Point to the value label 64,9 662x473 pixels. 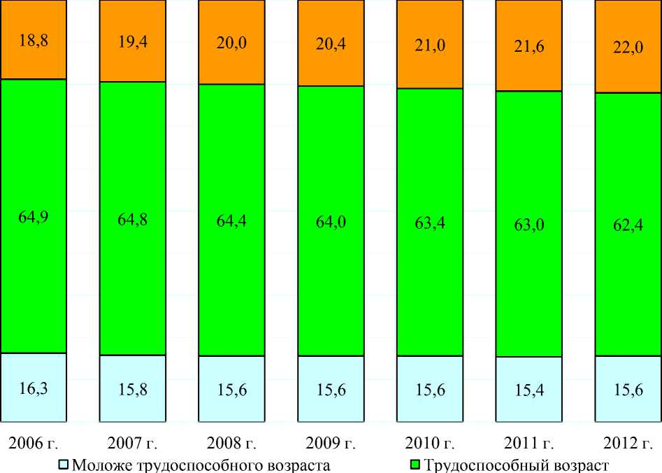33,216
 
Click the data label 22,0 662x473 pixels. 628,51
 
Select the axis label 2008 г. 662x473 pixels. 232,443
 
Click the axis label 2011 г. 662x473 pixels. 529,443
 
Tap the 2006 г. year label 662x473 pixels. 33,443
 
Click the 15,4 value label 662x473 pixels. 529,390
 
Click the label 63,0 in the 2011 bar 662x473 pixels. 529,223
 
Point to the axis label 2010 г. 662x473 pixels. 430,443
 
